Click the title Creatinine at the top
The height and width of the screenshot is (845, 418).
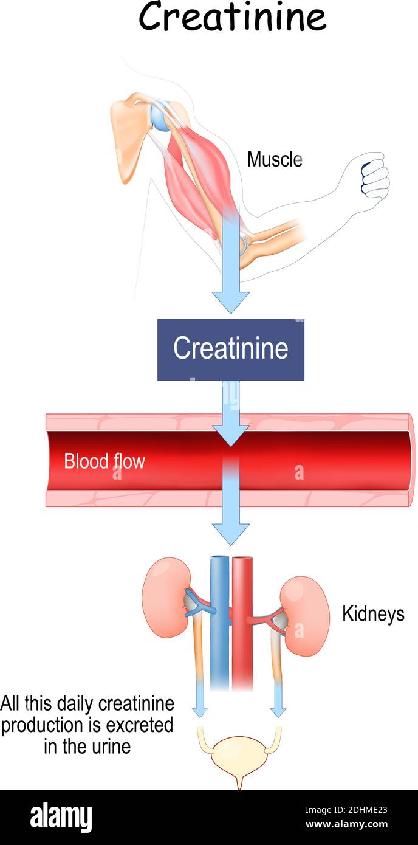[x=232, y=17]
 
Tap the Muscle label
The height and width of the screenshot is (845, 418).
[x=274, y=159]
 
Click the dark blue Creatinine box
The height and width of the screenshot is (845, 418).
[x=230, y=350]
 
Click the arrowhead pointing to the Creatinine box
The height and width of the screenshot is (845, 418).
[x=230, y=302]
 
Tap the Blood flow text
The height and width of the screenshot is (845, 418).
[x=104, y=461]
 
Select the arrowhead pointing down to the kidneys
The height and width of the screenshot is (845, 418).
[x=230, y=533]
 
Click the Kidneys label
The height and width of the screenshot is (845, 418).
[x=372, y=613]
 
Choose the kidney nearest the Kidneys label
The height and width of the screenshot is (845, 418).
[x=306, y=615]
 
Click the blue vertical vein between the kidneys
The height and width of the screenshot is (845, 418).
[x=219, y=620]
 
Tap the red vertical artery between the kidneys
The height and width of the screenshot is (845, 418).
[x=242, y=620]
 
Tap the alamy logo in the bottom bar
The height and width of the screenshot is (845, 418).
[x=61, y=817]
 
